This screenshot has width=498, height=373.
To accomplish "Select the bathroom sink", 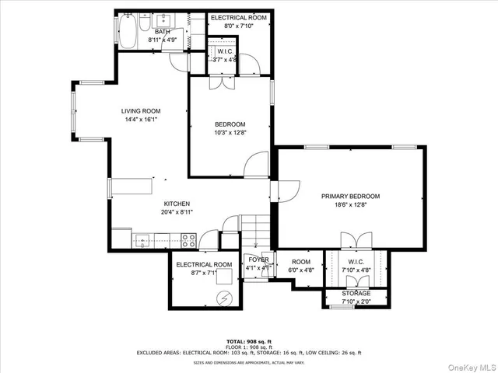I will [x=166, y=21].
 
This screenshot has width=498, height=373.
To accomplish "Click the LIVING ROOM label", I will [x=140, y=111].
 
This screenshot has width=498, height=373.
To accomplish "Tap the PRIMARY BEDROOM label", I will [x=350, y=197].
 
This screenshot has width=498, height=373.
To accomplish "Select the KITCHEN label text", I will [x=177, y=204].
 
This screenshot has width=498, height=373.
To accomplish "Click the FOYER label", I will [x=258, y=260].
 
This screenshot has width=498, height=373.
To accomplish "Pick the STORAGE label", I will [x=357, y=293].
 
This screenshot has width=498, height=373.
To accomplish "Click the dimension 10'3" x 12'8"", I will [x=230, y=133].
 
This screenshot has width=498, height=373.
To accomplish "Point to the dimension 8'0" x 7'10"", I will [x=240, y=25].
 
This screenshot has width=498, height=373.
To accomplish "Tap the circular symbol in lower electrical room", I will [x=225, y=296].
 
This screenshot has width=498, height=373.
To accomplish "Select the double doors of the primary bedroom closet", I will [x=351, y=241].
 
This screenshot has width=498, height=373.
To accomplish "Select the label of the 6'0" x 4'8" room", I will [x=301, y=262].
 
